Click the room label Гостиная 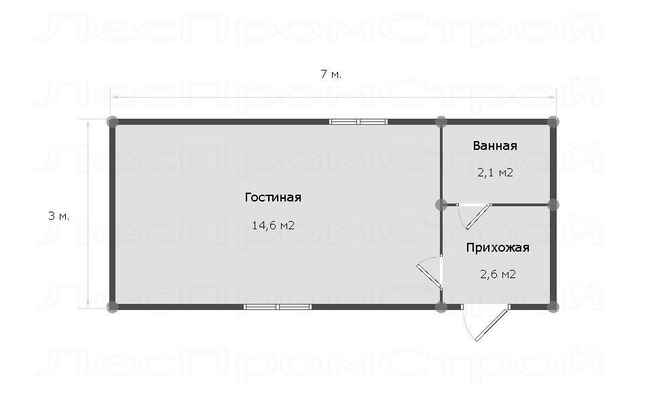click(x=273, y=197)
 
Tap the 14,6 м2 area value click(x=273, y=225)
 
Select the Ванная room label click(x=495, y=146)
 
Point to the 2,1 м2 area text click(x=496, y=172)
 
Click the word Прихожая click(x=498, y=248)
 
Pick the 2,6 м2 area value click(x=498, y=274)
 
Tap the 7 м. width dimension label click(x=331, y=75)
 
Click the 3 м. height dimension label click(x=59, y=216)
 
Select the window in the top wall click(x=358, y=121)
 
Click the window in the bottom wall click(x=277, y=307)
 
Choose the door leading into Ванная click(x=474, y=216)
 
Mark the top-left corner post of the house click(x=112, y=122)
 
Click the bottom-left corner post click(x=112, y=307)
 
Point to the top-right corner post click(x=553, y=121)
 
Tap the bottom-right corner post click(x=553, y=307)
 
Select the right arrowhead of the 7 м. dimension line click(x=553, y=97)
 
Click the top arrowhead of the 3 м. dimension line click(x=88, y=122)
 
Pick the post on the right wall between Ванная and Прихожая click(x=553, y=205)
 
